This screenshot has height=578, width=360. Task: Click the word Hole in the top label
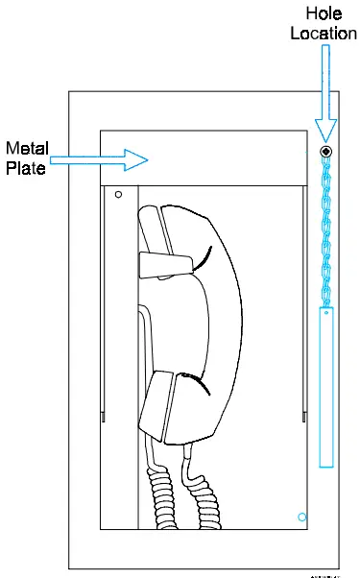[x=325, y=13]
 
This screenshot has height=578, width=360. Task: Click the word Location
[x=325, y=35]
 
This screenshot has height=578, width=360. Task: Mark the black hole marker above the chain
[x=327, y=152]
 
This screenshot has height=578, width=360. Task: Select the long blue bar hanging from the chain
[x=326, y=384]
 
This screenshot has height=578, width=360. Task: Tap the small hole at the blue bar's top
[x=326, y=312]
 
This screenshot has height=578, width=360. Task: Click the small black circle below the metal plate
[x=118, y=194]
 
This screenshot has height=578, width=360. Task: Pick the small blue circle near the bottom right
[x=302, y=517]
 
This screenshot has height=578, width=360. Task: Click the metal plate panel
[x=211, y=157]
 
